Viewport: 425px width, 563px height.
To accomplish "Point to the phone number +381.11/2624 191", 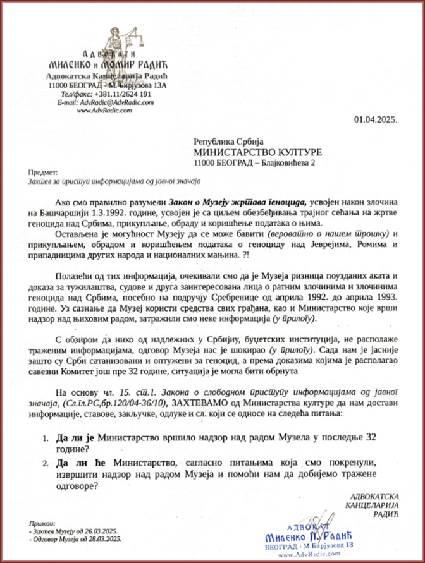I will (x=122, y=94).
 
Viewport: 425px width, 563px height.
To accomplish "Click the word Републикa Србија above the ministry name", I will (x=224, y=142).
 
